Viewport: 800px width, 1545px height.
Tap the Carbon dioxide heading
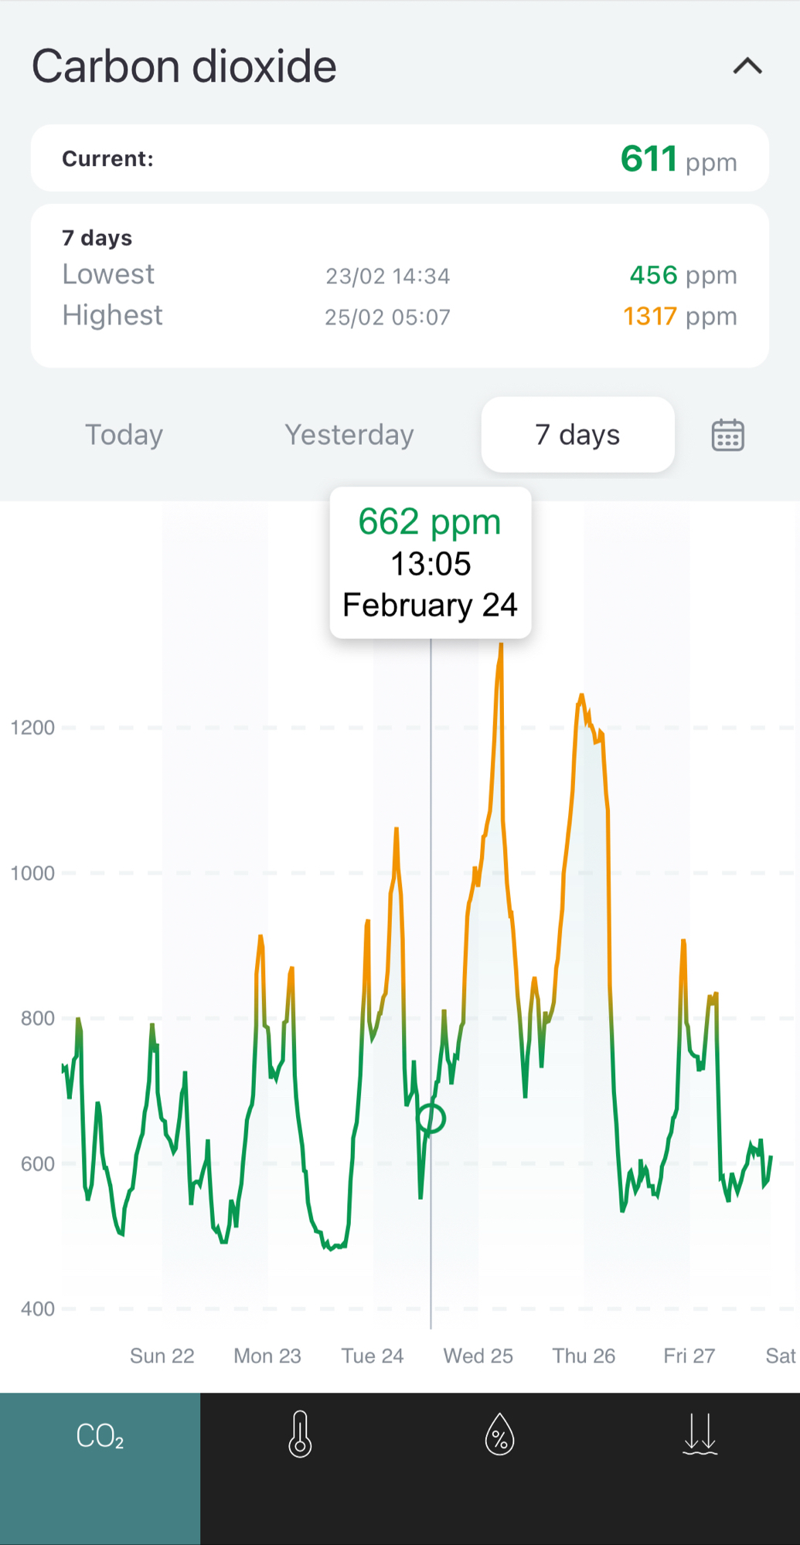pyautogui.click(x=184, y=66)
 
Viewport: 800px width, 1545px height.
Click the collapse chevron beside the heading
pyautogui.click(x=747, y=66)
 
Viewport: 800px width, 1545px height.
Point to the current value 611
pyautogui.click(x=649, y=159)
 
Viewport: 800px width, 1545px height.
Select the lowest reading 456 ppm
pyautogui.click(x=683, y=275)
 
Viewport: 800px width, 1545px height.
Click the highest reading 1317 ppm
pyautogui.click(x=679, y=316)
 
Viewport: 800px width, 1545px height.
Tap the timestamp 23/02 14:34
pyautogui.click(x=387, y=276)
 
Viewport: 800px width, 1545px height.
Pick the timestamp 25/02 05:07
pyautogui.click(x=387, y=317)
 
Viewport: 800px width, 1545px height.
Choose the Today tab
pyautogui.click(x=124, y=435)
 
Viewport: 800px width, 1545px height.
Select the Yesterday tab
pyautogui.click(x=349, y=435)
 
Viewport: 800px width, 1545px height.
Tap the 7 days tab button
pyautogui.click(x=577, y=435)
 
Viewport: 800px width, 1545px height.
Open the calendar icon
pyautogui.click(x=727, y=435)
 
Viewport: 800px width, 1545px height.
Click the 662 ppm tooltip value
pyautogui.click(x=430, y=522)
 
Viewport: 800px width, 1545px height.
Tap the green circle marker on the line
pyautogui.click(x=431, y=1118)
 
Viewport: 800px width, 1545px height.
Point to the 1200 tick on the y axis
pyautogui.click(x=32, y=728)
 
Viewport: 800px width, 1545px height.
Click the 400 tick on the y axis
pyautogui.click(x=37, y=1309)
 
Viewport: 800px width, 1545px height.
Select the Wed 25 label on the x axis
pyautogui.click(x=478, y=1356)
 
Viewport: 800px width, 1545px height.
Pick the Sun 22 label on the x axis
pyautogui.click(x=162, y=1356)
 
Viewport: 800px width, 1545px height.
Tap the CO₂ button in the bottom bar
pyautogui.click(x=100, y=1437)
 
